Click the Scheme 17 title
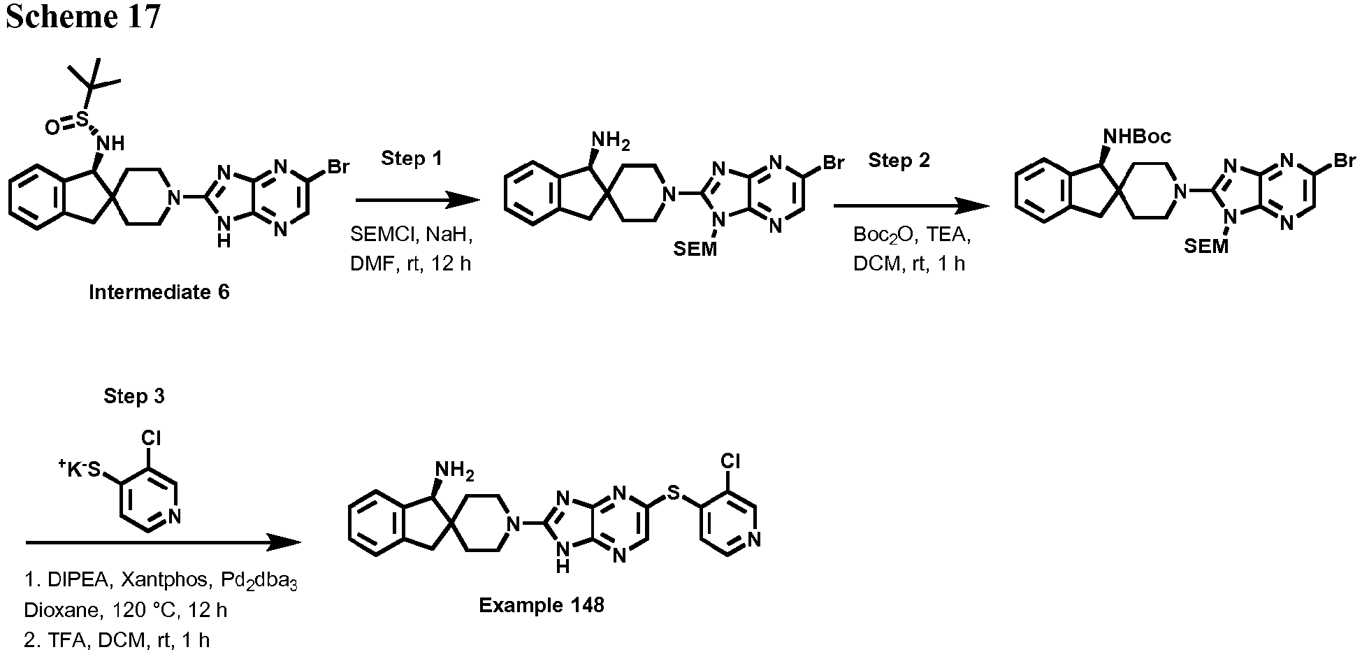pyautogui.click(x=83, y=16)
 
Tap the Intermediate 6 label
pyautogui.click(x=159, y=291)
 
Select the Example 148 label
pyautogui.click(x=542, y=604)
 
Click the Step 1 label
pyautogui.click(x=412, y=159)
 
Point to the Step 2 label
pyautogui.click(x=899, y=160)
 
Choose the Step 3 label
pyautogui.click(x=134, y=396)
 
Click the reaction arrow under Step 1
pyautogui.click(x=419, y=201)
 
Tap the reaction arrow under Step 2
pyautogui.click(x=911, y=205)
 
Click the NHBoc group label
pyautogui.click(x=1136, y=136)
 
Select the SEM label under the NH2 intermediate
pyautogui.click(x=695, y=249)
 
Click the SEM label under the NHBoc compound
pyautogui.click(x=1207, y=246)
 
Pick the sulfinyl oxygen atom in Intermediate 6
pyautogui.click(x=52, y=126)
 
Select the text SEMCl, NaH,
pyautogui.click(x=412, y=234)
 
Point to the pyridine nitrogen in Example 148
pyautogui.click(x=753, y=539)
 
